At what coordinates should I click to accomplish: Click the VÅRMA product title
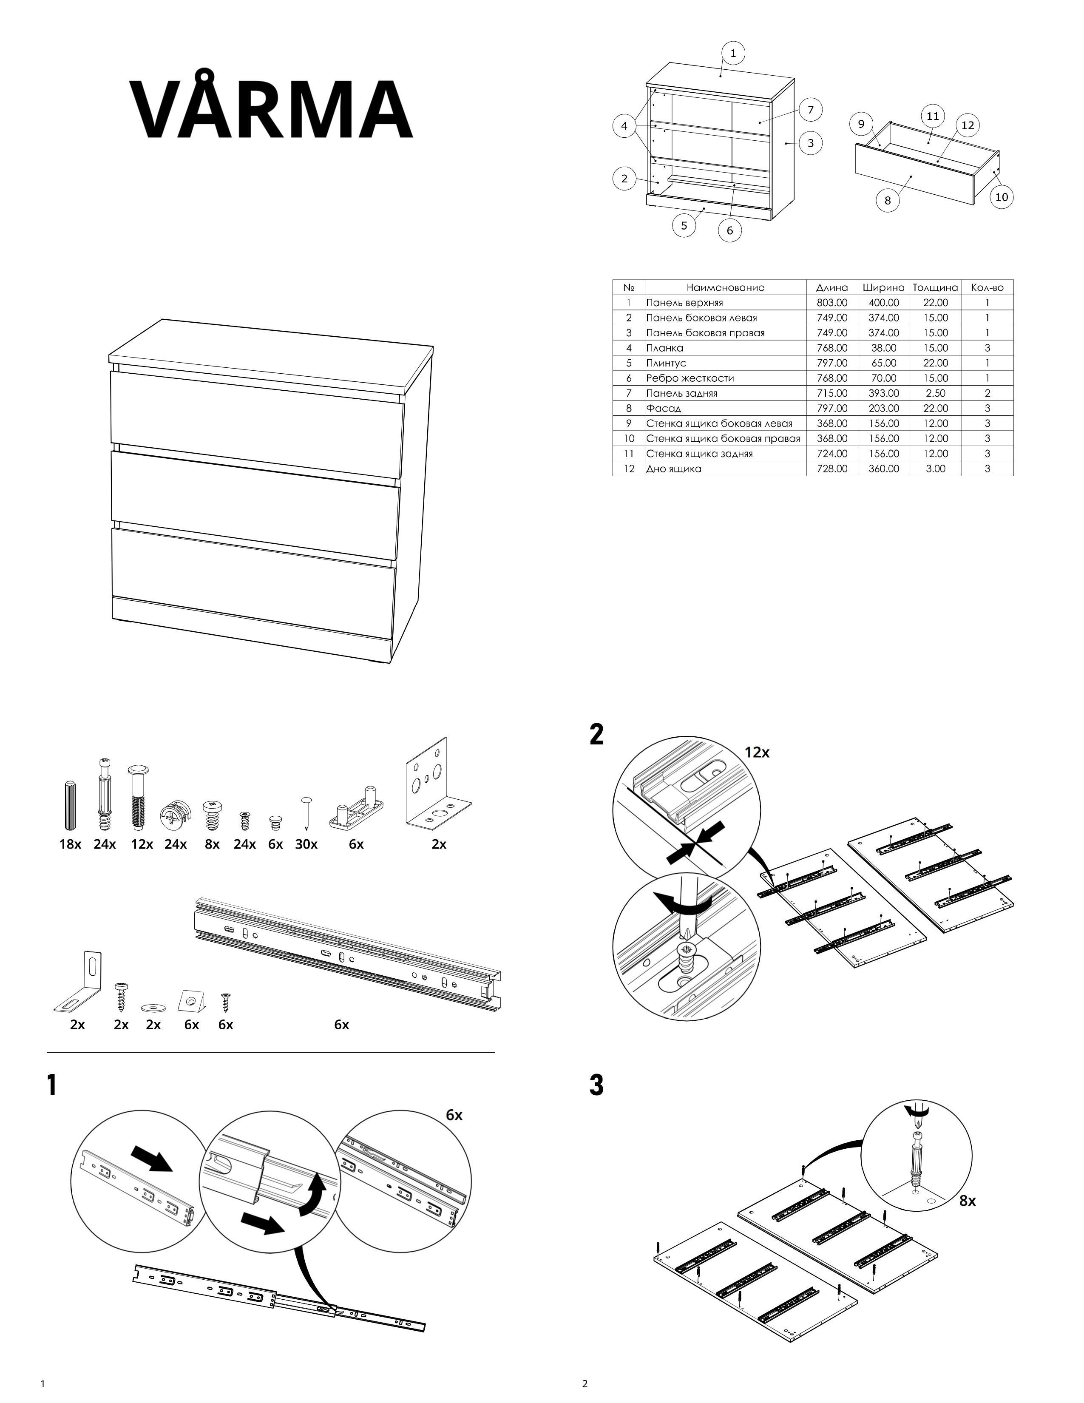coord(271,108)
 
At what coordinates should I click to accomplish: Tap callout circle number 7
coord(810,110)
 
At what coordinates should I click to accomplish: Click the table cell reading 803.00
coord(831,303)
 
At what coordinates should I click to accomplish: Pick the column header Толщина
coord(935,288)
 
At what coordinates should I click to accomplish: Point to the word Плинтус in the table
coord(666,363)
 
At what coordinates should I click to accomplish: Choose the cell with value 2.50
coord(935,393)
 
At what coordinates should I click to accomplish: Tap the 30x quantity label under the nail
coord(306,844)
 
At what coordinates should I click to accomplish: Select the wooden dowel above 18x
coord(71,806)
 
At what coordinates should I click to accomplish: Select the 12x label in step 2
coord(757,752)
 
